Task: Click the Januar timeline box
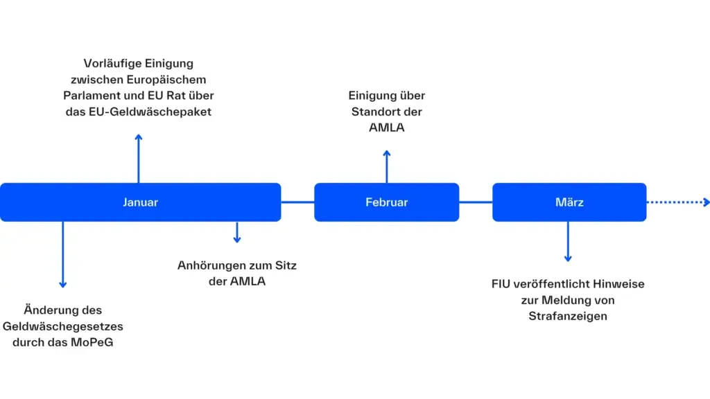coord(140,202)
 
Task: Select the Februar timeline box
coord(386,202)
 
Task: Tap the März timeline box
coord(569,202)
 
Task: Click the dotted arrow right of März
coord(678,202)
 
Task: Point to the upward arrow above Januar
coord(139,158)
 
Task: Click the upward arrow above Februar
coord(387,166)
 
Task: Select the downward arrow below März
coord(568,241)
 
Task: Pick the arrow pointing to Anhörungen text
coord(237,232)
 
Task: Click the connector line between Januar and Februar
coord(297,202)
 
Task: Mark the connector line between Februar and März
coord(476,202)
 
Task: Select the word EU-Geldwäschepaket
coord(165,111)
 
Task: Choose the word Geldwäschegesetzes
coord(63,326)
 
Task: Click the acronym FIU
coord(501,283)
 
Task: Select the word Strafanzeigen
coord(568,316)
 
